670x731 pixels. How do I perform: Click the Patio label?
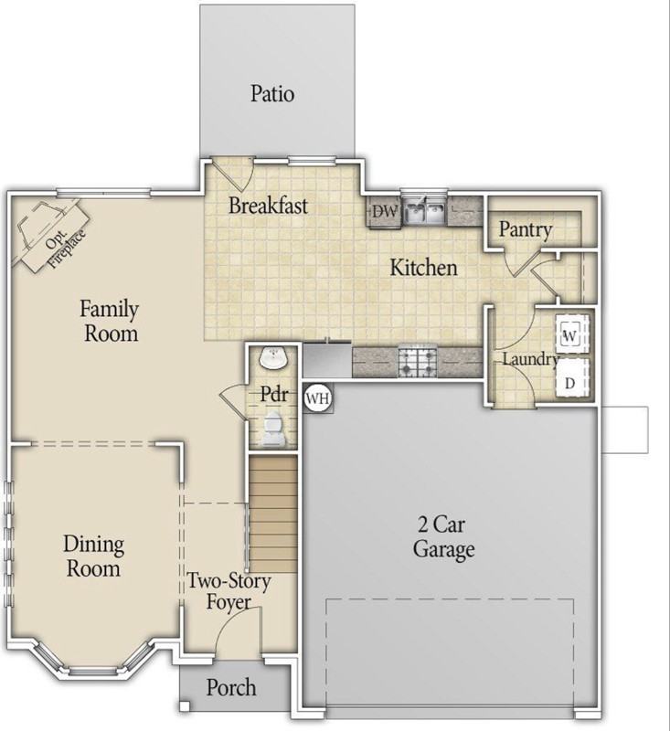click(272, 94)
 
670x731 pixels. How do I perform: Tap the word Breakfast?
click(268, 206)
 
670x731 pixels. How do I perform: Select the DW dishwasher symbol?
click(385, 212)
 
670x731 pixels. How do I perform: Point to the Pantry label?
click(526, 229)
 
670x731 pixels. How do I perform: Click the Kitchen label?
click(423, 268)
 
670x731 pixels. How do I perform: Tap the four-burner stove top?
click(418, 362)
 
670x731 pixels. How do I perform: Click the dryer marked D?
click(572, 378)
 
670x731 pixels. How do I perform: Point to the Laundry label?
click(530, 359)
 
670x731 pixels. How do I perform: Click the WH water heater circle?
click(318, 398)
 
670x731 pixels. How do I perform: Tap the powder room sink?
click(273, 358)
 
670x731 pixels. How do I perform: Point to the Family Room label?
click(110, 321)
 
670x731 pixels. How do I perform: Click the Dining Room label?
click(94, 556)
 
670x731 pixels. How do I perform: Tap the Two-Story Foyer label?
click(229, 591)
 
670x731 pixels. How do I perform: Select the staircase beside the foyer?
click(273, 514)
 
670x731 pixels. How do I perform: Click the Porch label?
click(231, 688)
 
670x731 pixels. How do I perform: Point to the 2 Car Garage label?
click(443, 537)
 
